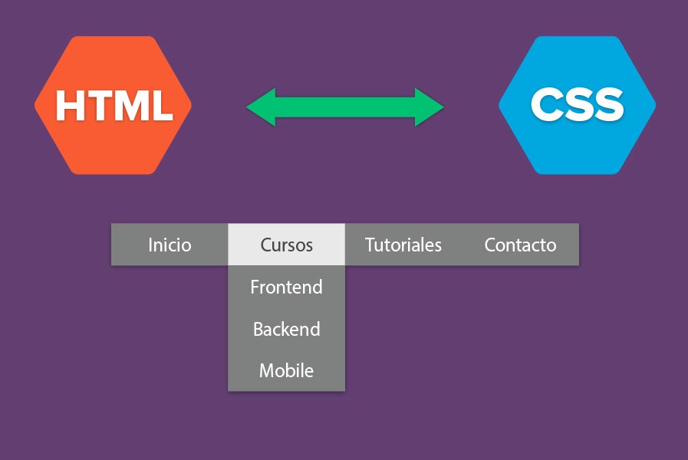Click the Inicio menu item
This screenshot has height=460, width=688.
point(170,245)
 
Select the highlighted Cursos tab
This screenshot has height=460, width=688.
point(287,245)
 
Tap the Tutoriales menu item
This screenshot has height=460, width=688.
point(403,245)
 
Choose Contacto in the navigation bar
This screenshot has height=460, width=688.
point(520,245)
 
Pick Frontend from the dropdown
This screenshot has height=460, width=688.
point(287,287)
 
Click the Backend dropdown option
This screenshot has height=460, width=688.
point(287,330)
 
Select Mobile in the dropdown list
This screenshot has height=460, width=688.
point(287,371)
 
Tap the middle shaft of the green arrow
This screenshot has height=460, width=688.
point(345,107)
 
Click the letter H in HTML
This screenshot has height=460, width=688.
point(70,106)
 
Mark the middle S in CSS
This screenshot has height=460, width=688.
point(577,105)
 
